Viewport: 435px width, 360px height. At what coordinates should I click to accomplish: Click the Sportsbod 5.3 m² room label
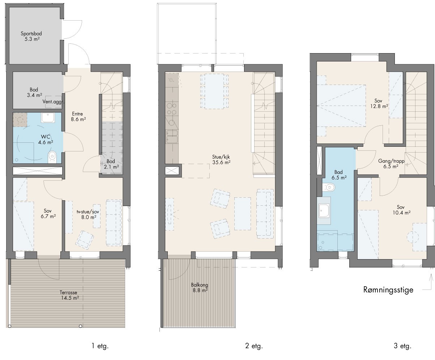click(31, 36)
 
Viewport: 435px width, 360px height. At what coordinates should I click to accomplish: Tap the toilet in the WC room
click(52, 157)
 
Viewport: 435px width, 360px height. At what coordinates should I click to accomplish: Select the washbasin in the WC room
click(48, 117)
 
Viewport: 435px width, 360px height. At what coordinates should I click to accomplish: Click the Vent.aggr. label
click(53, 102)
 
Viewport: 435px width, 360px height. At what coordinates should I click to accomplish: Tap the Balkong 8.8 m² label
click(200, 288)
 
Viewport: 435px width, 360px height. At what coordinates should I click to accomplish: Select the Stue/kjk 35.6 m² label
click(221, 159)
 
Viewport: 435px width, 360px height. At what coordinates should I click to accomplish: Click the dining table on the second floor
click(214, 91)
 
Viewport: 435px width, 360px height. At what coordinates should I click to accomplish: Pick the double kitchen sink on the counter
click(172, 137)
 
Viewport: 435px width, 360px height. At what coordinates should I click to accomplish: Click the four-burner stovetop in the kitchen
click(172, 109)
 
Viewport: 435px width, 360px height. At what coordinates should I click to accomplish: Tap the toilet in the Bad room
click(328, 187)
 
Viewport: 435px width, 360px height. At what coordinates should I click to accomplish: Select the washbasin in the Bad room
click(324, 210)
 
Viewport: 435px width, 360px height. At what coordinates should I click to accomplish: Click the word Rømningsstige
click(388, 290)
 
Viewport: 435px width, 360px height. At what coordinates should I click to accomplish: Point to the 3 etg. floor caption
click(402, 346)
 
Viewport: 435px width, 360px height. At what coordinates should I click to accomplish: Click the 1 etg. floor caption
click(100, 346)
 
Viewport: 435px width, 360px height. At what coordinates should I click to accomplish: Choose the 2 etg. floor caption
click(254, 346)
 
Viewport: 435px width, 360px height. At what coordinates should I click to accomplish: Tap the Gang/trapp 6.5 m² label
click(391, 164)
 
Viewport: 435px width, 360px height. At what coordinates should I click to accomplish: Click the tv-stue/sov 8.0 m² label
click(88, 214)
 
